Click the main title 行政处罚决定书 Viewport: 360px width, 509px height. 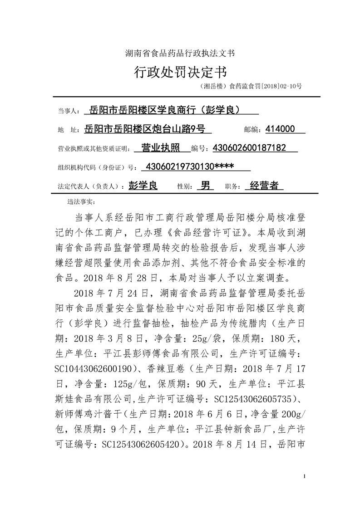pyautogui.click(x=180, y=72)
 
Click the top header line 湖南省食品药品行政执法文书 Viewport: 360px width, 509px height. pyautogui.click(x=180, y=53)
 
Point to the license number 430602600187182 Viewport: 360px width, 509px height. pyautogui.click(x=249, y=148)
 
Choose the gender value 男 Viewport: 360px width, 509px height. pyautogui.click(x=205, y=186)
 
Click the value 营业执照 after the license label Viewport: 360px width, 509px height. pyautogui.click(x=161, y=148)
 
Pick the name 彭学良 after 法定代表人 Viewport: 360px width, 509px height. pyautogui.click(x=143, y=186)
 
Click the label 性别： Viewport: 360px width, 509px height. pyautogui.click(x=184, y=186)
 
